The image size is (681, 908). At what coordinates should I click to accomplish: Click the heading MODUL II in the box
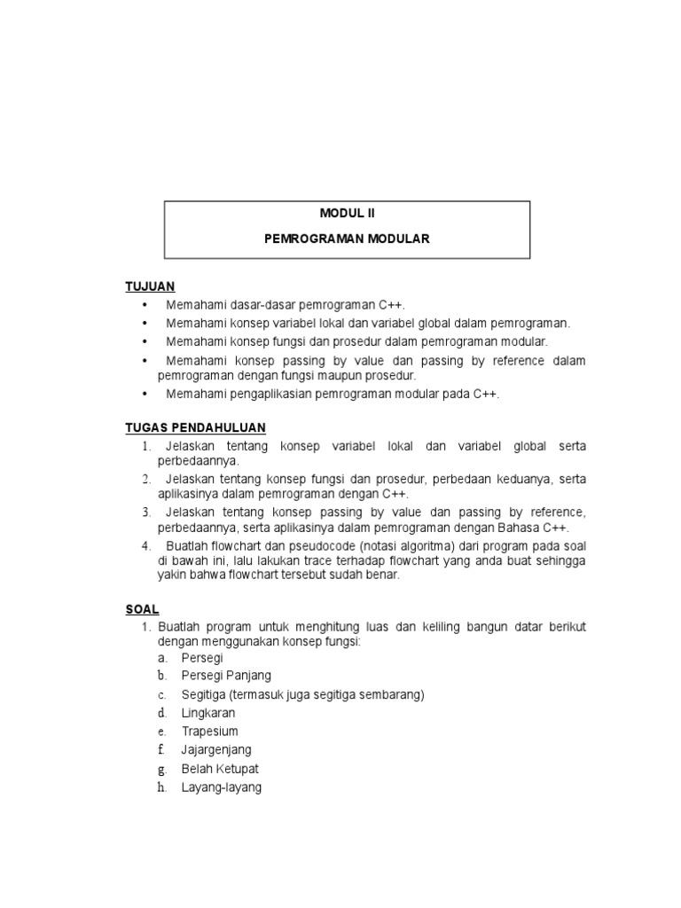[x=348, y=214]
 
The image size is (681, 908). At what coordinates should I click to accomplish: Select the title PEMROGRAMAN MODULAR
[x=348, y=239]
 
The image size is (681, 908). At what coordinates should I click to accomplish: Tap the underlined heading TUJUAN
[x=150, y=286]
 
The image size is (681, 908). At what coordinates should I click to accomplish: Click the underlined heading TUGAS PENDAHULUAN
[x=195, y=427]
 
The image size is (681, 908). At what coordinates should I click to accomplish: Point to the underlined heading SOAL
[x=142, y=609]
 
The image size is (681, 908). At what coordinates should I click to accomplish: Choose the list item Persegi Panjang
[x=226, y=676]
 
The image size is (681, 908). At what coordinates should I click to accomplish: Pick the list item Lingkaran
[x=208, y=713]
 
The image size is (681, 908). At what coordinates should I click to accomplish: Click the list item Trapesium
[x=210, y=732]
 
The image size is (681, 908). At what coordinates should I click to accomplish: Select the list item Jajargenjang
[x=216, y=750]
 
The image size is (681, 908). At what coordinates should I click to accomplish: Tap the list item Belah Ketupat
[x=220, y=769]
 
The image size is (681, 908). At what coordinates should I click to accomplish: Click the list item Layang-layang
[x=222, y=787]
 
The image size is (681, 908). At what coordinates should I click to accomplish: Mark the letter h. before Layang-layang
[x=162, y=787]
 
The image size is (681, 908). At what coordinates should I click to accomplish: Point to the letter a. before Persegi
[x=162, y=658]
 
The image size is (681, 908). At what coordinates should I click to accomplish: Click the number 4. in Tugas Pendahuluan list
[x=146, y=545]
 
